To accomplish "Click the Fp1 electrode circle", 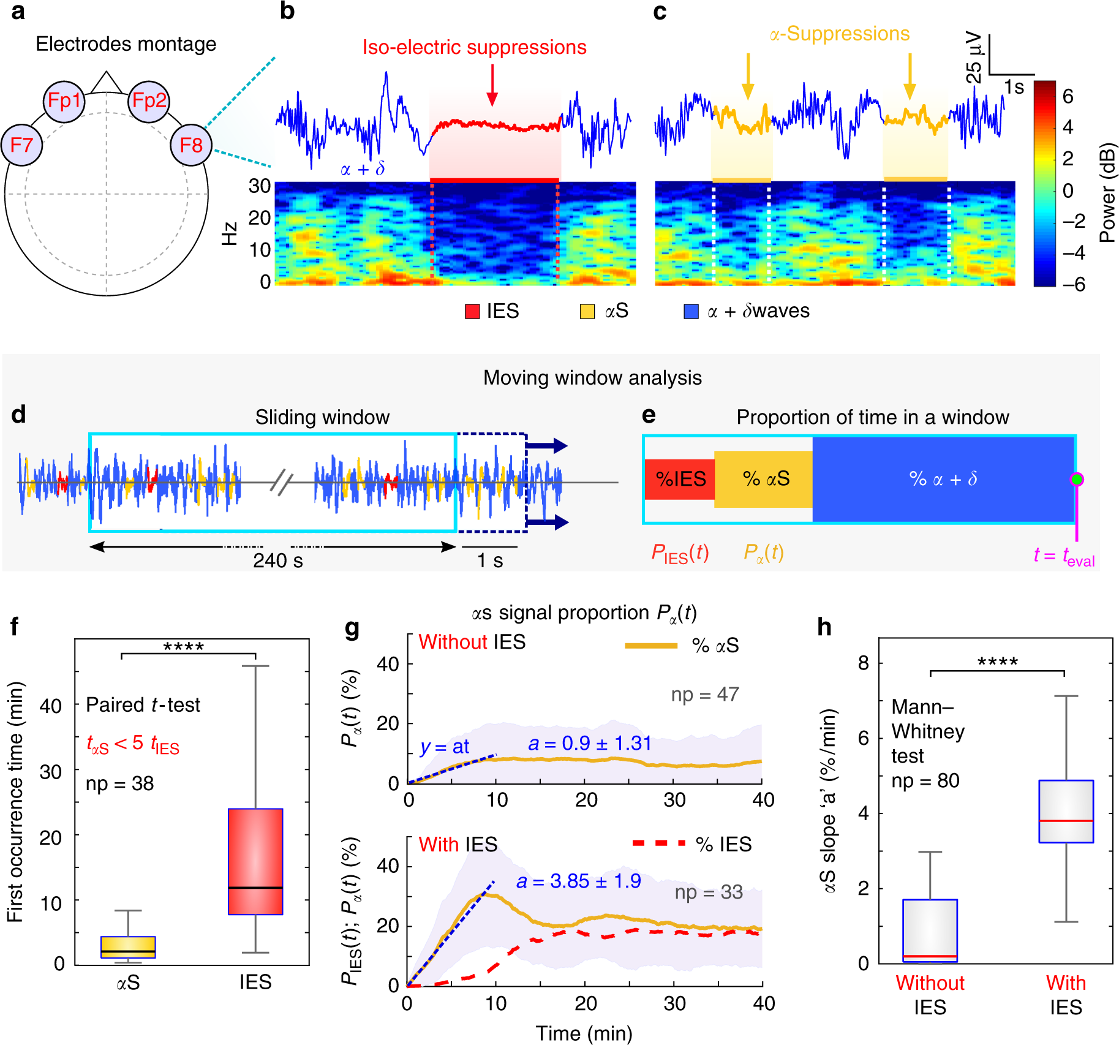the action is click(64, 101).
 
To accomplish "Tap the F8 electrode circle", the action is click(191, 145).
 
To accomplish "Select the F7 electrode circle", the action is click(21, 145).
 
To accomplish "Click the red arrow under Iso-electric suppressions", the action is click(492, 85).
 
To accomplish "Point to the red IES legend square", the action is click(472, 311).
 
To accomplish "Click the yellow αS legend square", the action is click(587, 311).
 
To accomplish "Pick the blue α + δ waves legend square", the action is click(691, 311).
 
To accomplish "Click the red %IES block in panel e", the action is click(680, 479).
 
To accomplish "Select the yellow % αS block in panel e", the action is click(764, 479).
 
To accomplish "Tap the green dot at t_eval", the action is click(1076, 479).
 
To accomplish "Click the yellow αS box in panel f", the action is click(128, 947).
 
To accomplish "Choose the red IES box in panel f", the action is click(255, 862).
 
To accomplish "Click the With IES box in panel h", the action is click(1066, 812).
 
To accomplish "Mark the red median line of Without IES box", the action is click(930, 956).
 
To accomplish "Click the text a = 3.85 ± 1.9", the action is click(579, 881).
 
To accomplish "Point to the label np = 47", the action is click(705, 695).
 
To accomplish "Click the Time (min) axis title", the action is click(584, 1033).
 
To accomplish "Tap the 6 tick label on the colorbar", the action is click(1068, 96).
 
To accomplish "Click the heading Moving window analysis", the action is click(592, 378).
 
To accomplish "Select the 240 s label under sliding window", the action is click(278, 560).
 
